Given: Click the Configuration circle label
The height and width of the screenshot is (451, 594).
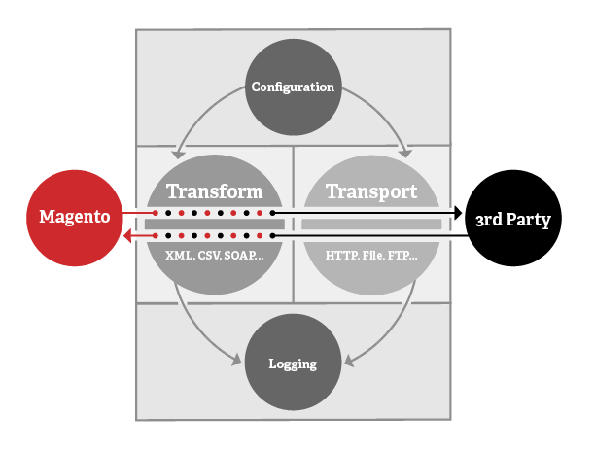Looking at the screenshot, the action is pyautogui.click(x=293, y=87).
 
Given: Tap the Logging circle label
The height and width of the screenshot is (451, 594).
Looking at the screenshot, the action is pyautogui.click(x=293, y=364).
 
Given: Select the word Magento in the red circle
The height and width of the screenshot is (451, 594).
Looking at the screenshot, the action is pyautogui.click(x=75, y=217).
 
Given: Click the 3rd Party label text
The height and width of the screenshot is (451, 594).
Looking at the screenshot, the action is pyautogui.click(x=513, y=220).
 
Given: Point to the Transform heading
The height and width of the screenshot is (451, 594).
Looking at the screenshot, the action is pyautogui.click(x=215, y=191).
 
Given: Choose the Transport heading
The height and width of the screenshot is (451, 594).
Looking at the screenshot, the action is pyautogui.click(x=371, y=191).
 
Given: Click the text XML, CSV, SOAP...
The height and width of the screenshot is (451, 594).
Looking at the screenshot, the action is pyautogui.click(x=215, y=256).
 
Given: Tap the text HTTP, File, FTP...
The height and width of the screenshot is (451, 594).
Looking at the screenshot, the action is pyautogui.click(x=371, y=256).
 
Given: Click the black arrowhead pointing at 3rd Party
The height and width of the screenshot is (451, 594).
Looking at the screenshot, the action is pyautogui.click(x=458, y=213).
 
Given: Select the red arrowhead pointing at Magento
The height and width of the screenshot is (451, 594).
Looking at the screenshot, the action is pyautogui.click(x=127, y=236).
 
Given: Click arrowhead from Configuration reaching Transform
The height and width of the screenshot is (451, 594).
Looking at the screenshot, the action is pyautogui.click(x=178, y=155).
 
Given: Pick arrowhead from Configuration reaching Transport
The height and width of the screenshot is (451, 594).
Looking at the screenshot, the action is pyautogui.click(x=405, y=153).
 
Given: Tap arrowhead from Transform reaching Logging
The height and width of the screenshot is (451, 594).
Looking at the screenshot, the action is pyautogui.click(x=236, y=360).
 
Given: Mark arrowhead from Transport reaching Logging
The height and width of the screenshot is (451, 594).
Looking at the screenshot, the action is pyautogui.click(x=349, y=362).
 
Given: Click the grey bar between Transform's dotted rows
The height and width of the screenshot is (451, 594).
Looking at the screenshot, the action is pyautogui.click(x=215, y=225).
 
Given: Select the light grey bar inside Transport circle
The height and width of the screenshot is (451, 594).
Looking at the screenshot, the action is pyautogui.click(x=371, y=225).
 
